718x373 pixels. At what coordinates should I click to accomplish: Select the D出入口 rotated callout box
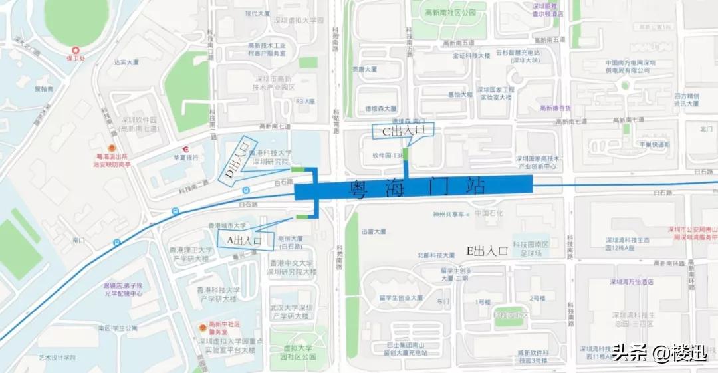click(237, 161)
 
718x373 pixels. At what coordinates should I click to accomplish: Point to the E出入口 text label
click(487, 251)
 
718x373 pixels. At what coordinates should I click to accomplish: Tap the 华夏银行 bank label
click(187, 158)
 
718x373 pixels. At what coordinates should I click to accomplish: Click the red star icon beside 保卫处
click(76, 51)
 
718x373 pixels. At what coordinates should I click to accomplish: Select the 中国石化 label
click(491, 214)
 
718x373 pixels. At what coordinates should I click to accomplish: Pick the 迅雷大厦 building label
click(374, 232)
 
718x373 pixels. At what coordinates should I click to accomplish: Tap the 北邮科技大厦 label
click(436, 255)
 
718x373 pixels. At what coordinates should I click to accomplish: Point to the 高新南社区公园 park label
click(451, 13)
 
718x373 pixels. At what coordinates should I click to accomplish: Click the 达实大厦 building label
click(126, 62)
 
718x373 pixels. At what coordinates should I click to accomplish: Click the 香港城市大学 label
click(227, 226)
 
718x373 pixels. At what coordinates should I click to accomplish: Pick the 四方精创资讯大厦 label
click(686, 99)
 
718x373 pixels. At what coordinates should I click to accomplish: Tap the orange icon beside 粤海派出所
click(112, 148)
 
